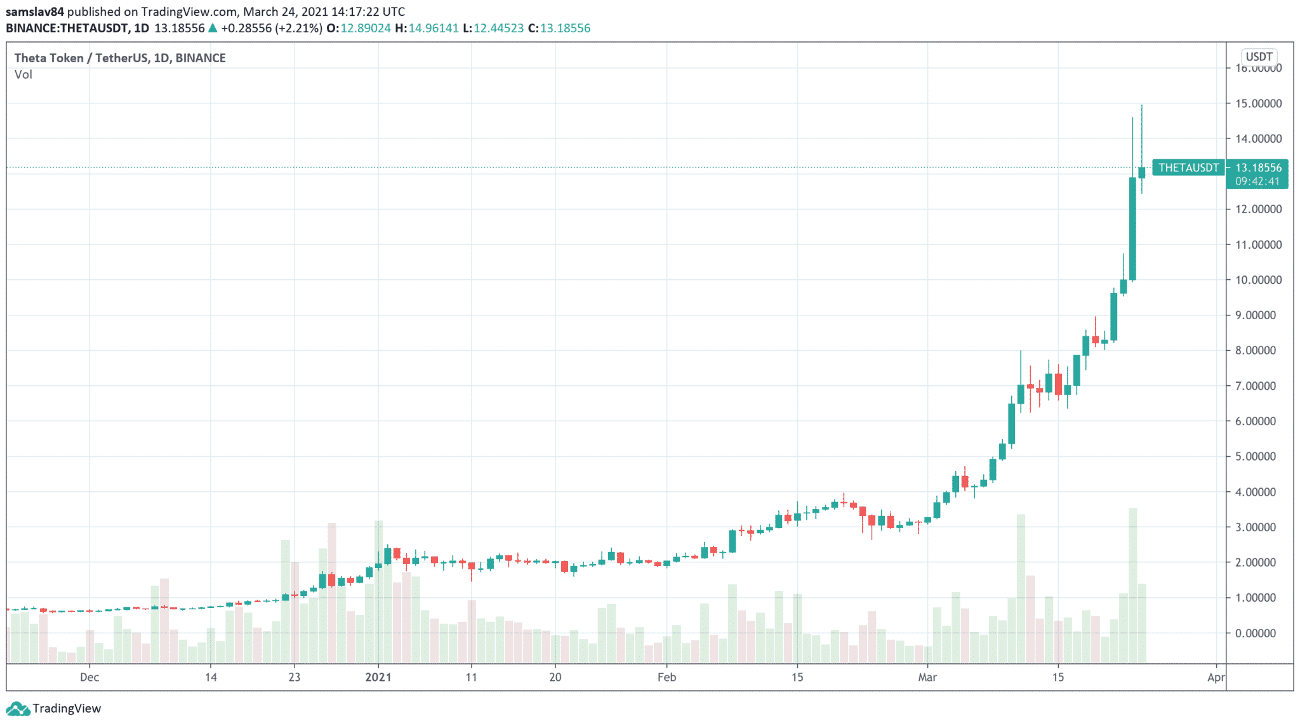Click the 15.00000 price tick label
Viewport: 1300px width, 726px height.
coord(1258,103)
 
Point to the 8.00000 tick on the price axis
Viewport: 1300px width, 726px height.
coord(1258,350)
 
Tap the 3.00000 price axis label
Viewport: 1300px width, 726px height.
coord(1258,527)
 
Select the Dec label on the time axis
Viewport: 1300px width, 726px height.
coord(90,677)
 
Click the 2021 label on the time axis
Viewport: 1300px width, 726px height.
coord(378,677)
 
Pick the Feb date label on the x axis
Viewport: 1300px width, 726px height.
coord(667,677)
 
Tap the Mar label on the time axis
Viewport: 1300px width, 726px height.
coord(927,677)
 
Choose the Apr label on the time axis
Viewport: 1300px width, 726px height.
coord(1216,677)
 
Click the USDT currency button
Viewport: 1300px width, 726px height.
coord(1259,56)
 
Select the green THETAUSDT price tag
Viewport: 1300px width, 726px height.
coord(1188,168)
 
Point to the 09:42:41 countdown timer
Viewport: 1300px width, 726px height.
coord(1257,181)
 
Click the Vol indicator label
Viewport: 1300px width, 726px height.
coord(23,75)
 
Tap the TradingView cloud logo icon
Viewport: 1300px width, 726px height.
coord(17,708)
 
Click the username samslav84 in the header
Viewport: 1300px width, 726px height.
coord(35,11)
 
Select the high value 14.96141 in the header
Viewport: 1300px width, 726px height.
coord(433,28)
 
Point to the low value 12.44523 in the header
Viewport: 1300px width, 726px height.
coord(499,28)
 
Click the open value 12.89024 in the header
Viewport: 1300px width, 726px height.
coord(366,28)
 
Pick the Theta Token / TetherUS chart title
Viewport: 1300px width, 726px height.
coord(120,58)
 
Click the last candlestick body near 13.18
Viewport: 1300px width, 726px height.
coord(1142,173)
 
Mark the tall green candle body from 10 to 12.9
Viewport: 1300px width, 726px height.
coord(1132,228)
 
